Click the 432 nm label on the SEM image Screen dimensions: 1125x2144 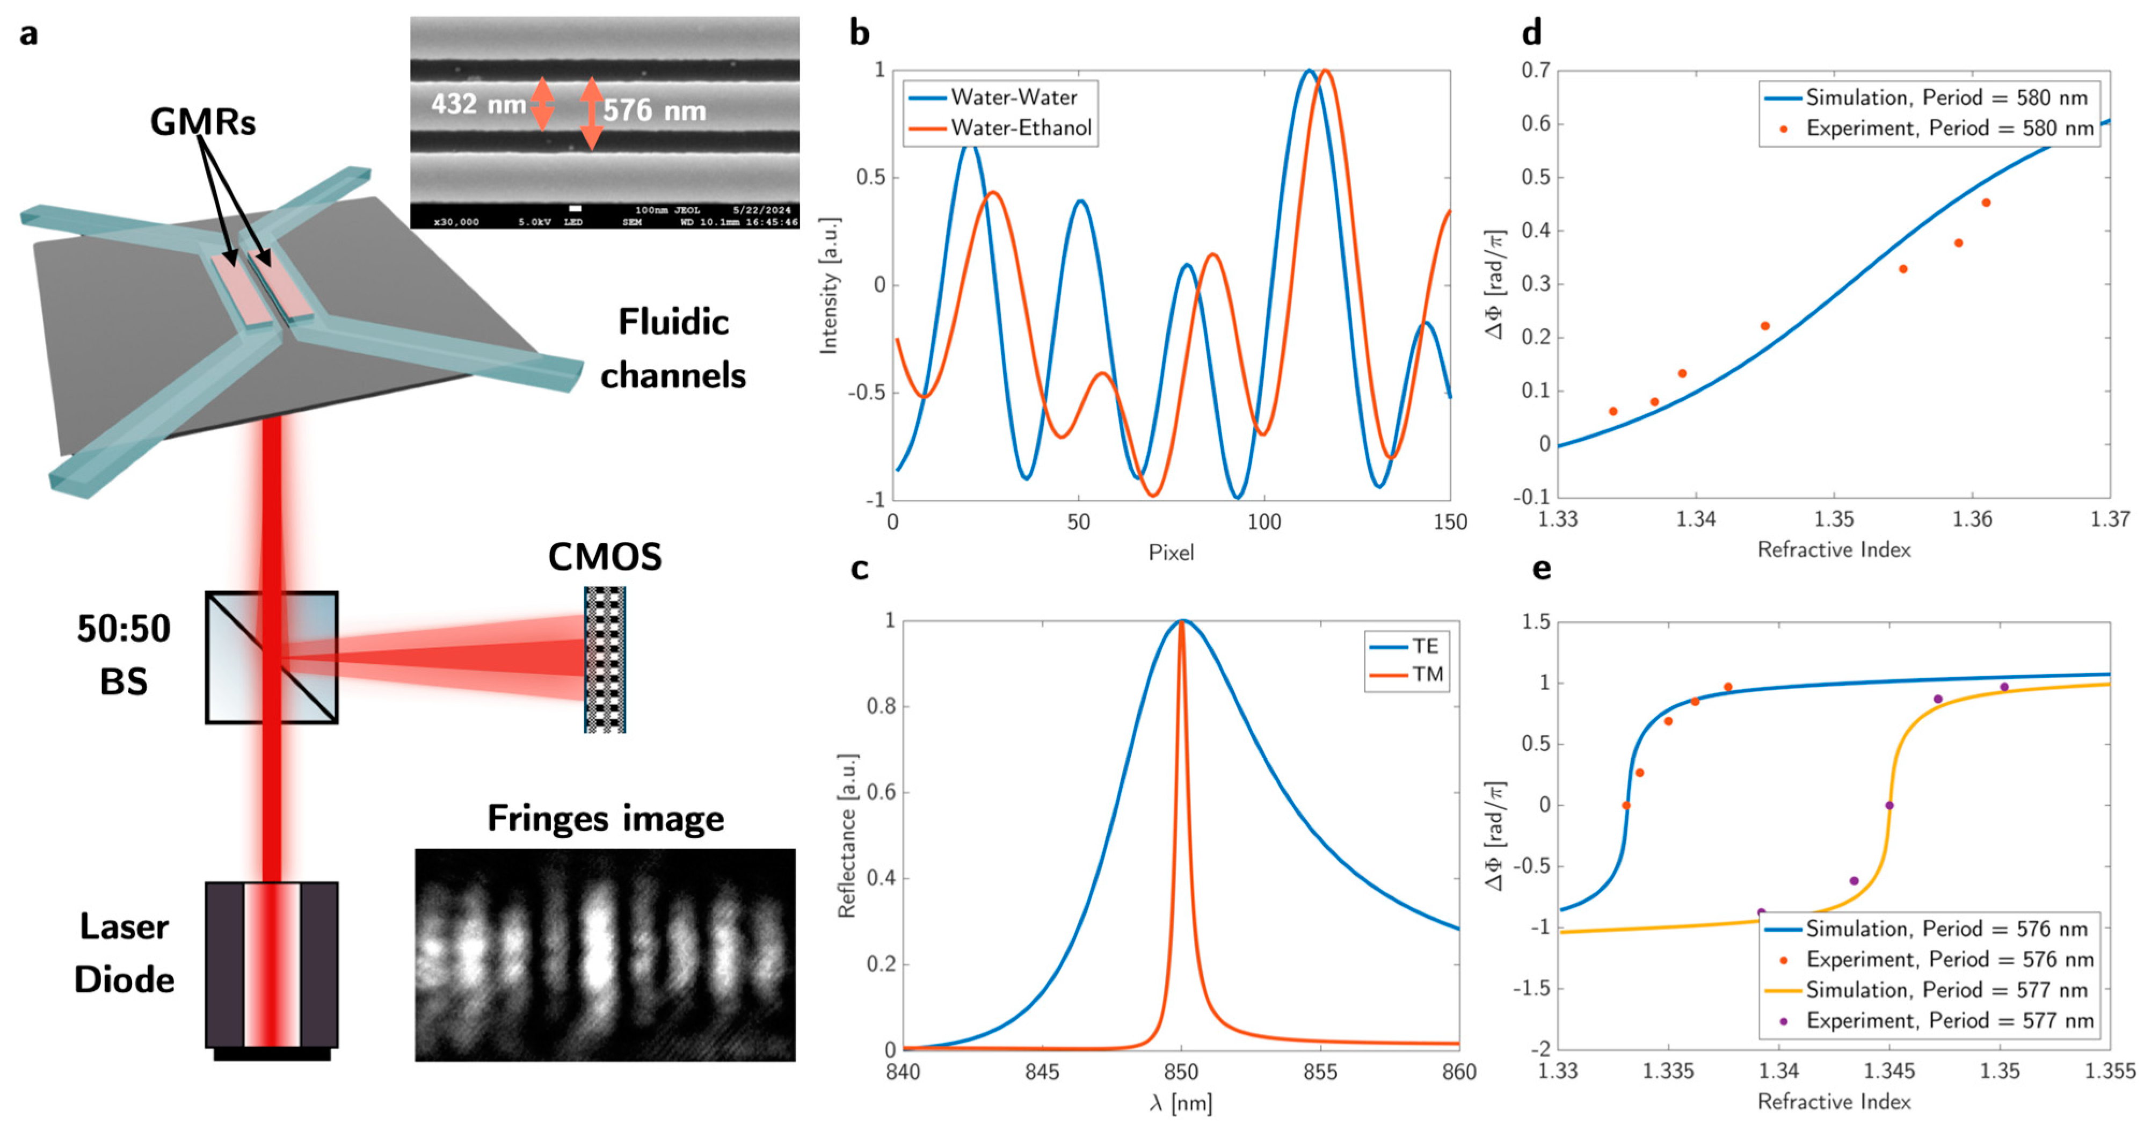coord(478,104)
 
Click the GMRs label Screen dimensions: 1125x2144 coord(202,122)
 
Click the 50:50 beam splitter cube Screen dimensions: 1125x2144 coord(272,657)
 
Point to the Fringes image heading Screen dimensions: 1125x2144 coord(605,818)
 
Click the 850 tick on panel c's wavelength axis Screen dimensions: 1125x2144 coord(1181,1072)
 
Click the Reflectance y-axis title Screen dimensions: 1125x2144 coord(846,836)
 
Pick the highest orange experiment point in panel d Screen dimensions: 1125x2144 coord(1986,203)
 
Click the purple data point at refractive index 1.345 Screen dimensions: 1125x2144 coord(1889,805)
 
